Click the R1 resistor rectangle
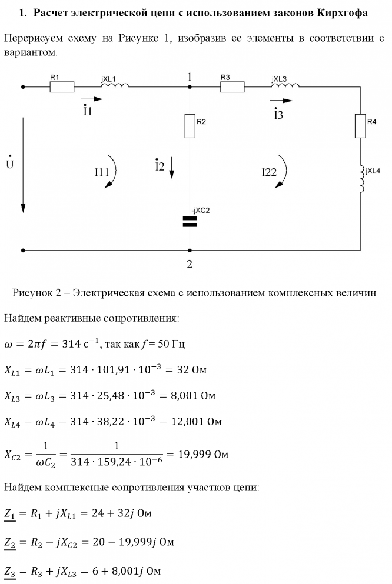pos(62,87)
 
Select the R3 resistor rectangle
pos(232,87)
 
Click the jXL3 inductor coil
pos(285,86)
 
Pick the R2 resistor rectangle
pos(190,126)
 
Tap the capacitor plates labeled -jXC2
pos(190,221)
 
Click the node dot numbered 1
pos(190,87)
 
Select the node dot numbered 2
pos(190,250)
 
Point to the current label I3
pos(278,115)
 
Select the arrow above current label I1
pos(87,100)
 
